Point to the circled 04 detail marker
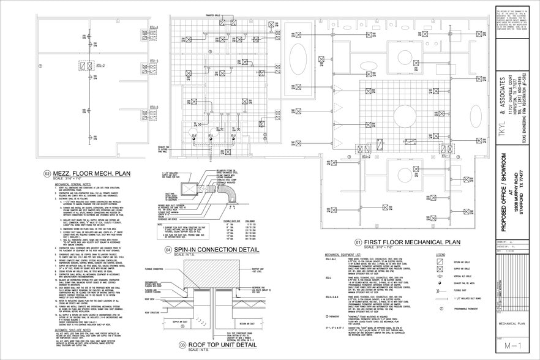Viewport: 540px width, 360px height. point(168,250)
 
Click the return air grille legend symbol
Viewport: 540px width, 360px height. point(435,261)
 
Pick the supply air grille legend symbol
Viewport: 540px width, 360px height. point(435,269)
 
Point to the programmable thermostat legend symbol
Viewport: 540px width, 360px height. point(435,310)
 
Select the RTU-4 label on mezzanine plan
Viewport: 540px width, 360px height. point(153,28)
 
